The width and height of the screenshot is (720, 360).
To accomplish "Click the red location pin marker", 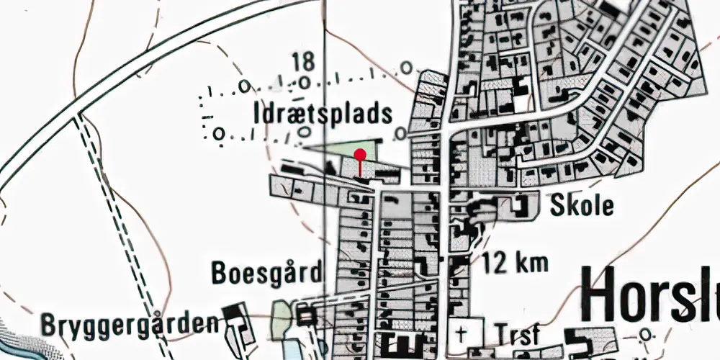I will (360, 153).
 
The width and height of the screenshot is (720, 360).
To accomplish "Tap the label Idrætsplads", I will (323, 114).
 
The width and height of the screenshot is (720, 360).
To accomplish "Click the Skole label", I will (582, 206).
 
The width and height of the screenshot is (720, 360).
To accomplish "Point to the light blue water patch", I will (289, 350).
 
